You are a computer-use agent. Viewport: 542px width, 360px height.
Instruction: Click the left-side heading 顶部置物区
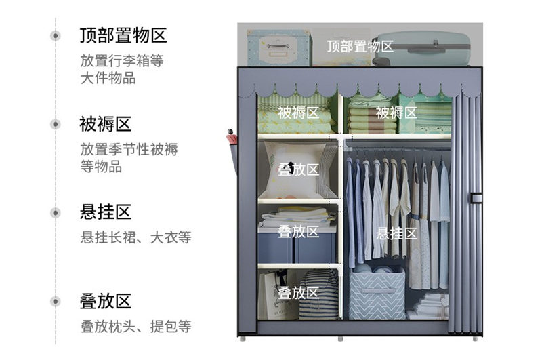[x=123, y=35]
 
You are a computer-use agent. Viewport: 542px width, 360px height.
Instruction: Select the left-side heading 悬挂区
[x=105, y=212]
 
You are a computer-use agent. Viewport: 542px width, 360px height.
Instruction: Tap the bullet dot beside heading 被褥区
[x=56, y=124]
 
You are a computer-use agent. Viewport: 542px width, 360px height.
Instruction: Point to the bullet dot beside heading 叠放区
[x=56, y=302]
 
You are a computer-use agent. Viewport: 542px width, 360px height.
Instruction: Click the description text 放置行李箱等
[x=122, y=60]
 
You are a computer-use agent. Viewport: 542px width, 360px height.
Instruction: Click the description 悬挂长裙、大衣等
[x=135, y=237]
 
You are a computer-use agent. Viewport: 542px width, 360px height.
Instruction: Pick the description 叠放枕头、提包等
[x=135, y=326]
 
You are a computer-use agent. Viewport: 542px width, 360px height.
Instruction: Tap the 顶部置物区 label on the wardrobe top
[x=360, y=46]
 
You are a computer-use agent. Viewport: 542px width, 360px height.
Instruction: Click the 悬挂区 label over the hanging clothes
[x=396, y=233]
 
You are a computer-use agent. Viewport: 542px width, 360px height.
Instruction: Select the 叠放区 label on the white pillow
[x=298, y=169]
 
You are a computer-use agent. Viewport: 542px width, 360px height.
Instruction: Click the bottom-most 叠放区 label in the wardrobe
[x=298, y=293]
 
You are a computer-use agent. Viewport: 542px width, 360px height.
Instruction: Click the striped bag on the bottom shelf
[x=318, y=295]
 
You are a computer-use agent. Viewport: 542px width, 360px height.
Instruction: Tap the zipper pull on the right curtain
[x=476, y=198]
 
